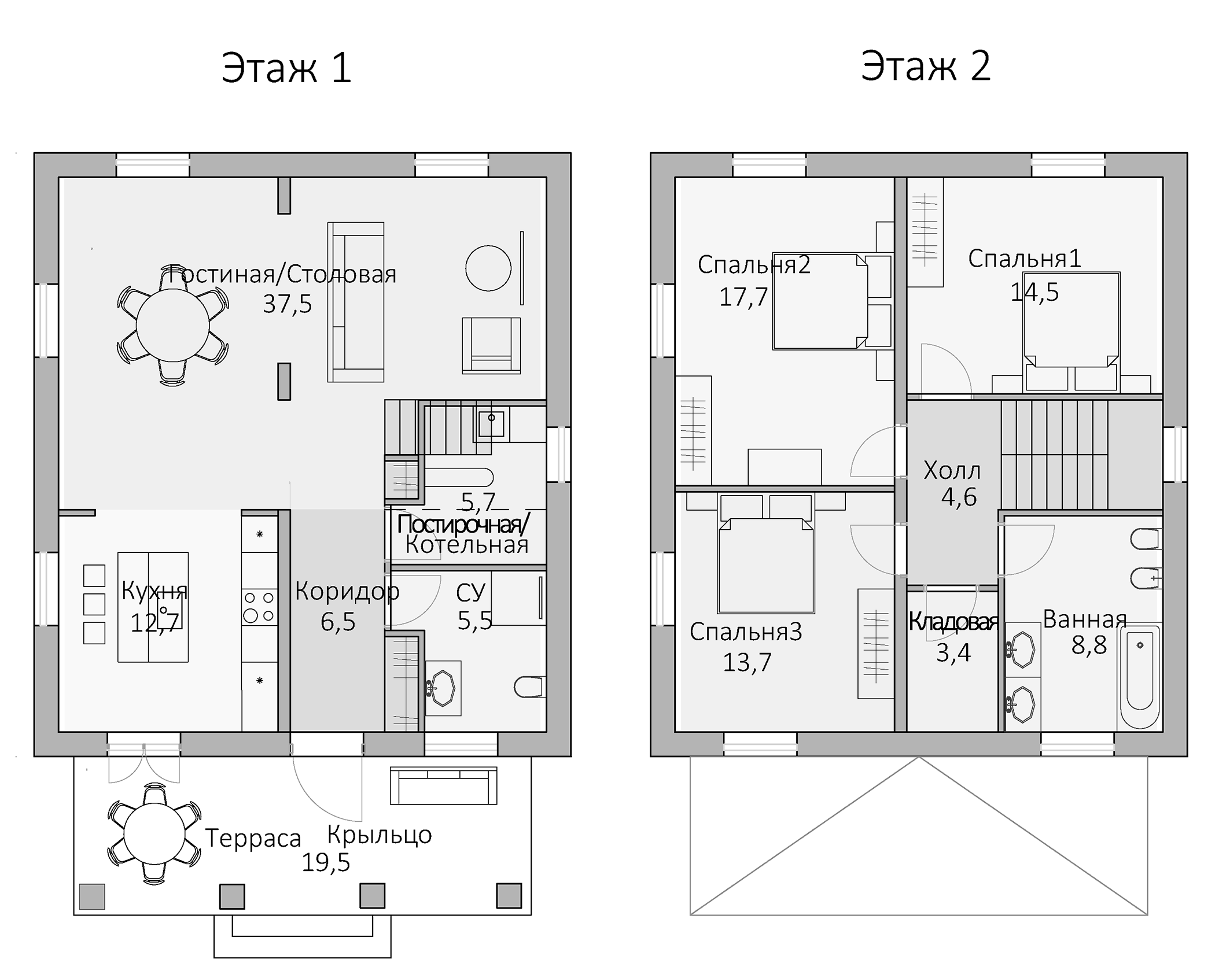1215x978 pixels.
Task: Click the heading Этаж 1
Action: tap(286, 68)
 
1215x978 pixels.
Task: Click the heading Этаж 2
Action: tap(926, 66)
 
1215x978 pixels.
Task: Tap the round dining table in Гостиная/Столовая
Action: tap(172, 325)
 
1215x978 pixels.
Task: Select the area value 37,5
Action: tap(287, 304)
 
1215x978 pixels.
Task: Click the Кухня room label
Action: tap(154, 591)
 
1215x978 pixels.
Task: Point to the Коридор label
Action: tap(347, 591)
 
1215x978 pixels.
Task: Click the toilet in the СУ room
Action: tap(529, 687)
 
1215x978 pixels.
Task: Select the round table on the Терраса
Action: tap(154, 835)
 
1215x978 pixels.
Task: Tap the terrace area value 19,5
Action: tap(326, 863)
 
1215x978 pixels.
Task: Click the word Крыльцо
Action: tap(380, 835)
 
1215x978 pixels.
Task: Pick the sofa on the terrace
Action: tap(443, 786)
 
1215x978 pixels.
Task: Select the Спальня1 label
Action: tap(1025, 259)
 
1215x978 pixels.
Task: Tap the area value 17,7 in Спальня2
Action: tap(743, 297)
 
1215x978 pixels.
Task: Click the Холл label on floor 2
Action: tap(952, 471)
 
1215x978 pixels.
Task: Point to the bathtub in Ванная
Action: tap(1140, 677)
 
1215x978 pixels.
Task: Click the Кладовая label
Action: tap(953, 622)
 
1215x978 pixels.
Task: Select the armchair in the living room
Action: tap(491, 345)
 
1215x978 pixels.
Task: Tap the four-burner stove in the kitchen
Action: tap(259, 607)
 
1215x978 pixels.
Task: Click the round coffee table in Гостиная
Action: tap(488, 268)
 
